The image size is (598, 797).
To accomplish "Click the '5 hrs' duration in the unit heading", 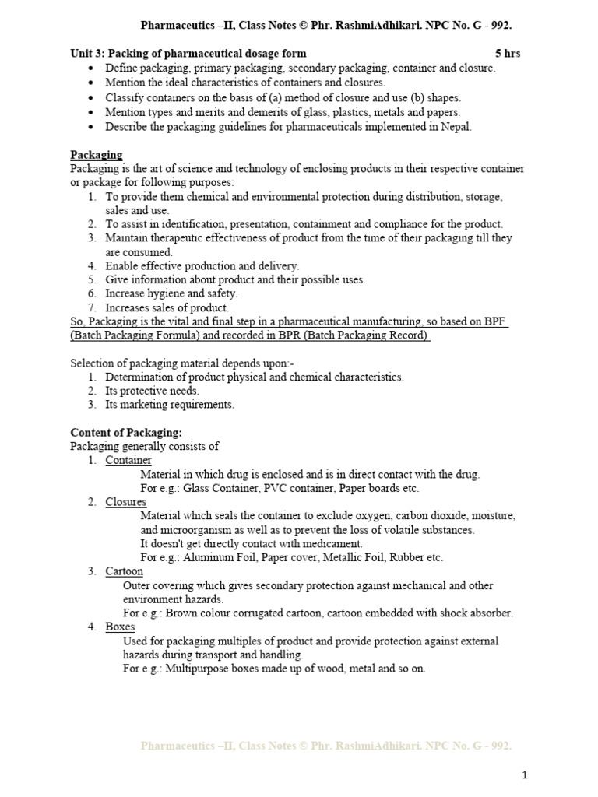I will coord(508,54).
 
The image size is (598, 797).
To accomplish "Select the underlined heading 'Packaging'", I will coord(97,155).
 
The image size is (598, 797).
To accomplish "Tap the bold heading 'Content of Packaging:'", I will coord(126,432).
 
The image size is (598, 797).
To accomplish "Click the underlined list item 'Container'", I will coord(128,460).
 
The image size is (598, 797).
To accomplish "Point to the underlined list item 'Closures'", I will coord(126,502).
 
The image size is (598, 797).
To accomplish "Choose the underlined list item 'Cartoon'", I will coord(125,571).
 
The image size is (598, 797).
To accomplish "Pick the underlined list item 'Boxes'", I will coord(120,627).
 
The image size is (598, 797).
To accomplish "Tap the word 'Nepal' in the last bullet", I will coord(455,127).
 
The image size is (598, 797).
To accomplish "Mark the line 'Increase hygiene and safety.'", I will coord(171,293).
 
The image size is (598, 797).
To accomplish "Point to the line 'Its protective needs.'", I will coord(153,391).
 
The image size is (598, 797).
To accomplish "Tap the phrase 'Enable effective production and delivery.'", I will coord(202,266).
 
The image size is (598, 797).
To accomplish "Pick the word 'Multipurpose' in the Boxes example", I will coord(198,669).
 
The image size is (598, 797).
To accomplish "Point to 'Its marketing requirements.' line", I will coord(170,405).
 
